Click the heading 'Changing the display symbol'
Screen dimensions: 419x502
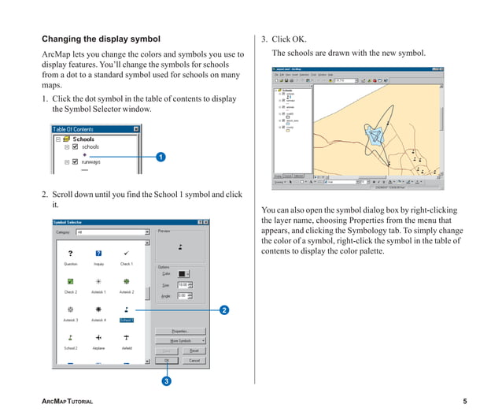point(101,39)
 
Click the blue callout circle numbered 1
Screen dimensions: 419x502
point(161,158)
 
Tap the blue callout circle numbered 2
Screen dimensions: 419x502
point(224,310)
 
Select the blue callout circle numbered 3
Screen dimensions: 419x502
point(167,381)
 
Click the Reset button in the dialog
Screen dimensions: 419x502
point(194,350)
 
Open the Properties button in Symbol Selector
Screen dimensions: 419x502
point(179,331)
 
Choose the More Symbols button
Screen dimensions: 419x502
point(179,340)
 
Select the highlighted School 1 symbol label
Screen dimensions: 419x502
point(126,321)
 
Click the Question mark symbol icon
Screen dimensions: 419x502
point(71,253)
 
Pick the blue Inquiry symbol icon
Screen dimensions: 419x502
point(98,253)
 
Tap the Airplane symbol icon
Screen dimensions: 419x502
point(98,336)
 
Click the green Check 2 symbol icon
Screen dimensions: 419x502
point(71,281)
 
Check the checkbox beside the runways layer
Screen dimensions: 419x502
point(76,161)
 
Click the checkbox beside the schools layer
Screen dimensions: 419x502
point(76,146)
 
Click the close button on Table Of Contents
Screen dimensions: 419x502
point(135,129)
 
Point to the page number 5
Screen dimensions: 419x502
point(465,402)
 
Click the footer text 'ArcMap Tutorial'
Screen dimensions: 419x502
point(67,402)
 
